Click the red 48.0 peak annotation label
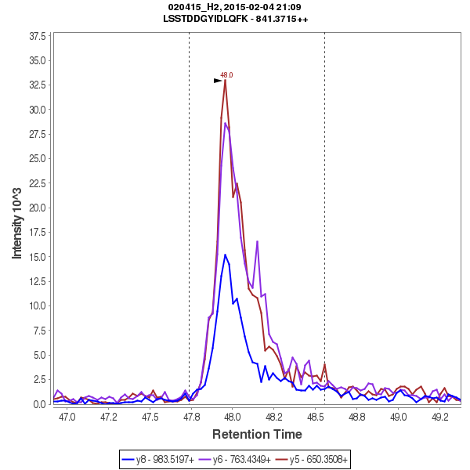[x=226, y=75]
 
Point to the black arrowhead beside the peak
[x=219, y=81]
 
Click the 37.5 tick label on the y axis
[x=36, y=37]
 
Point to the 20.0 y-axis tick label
[x=36, y=208]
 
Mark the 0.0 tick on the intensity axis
[x=38, y=404]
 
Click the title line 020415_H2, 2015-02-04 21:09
[x=235, y=7]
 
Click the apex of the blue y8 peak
[x=226, y=255]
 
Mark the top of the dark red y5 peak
[x=226, y=80]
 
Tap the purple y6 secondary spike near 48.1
[x=257, y=241]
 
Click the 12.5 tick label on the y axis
[x=36, y=281]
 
